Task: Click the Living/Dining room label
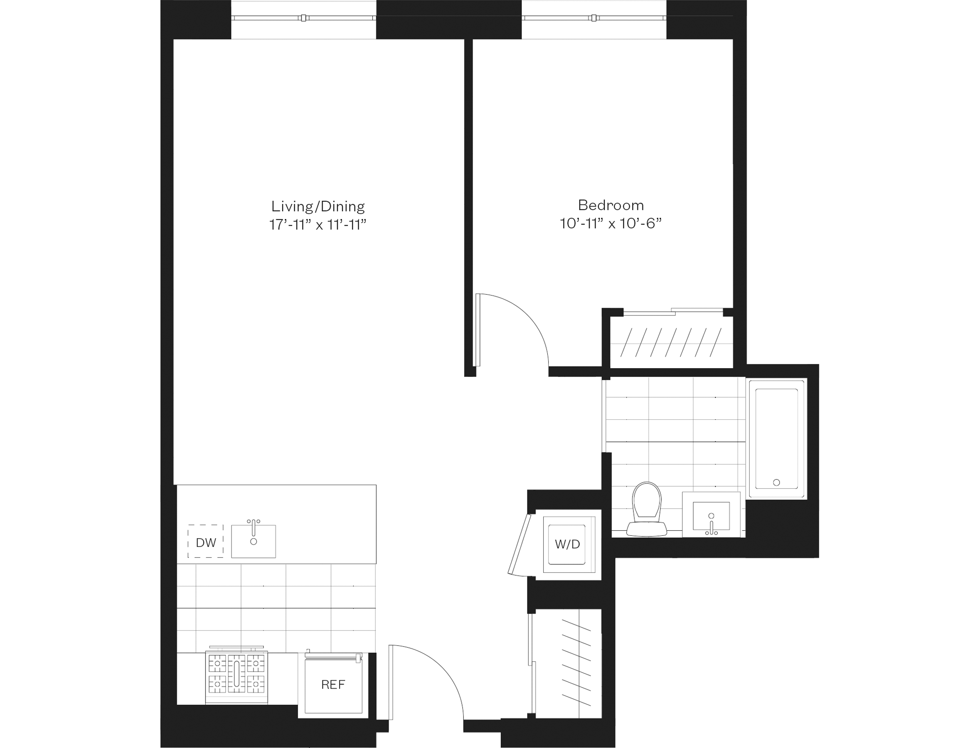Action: (x=318, y=206)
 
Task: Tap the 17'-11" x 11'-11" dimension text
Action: (x=318, y=224)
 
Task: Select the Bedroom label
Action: (x=611, y=205)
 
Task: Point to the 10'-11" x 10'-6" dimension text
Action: (x=611, y=223)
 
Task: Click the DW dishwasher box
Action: (x=206, y=541)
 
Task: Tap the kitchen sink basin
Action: (x=254, y=541)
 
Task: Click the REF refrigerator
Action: (x=333, y=684)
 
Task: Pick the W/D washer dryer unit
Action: (x=568, y=544)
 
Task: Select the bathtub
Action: (x=777, y=438)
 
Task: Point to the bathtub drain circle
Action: (x=776, y=482)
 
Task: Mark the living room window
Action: (x=303, y=18)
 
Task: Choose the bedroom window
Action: (x=594, y=18)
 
